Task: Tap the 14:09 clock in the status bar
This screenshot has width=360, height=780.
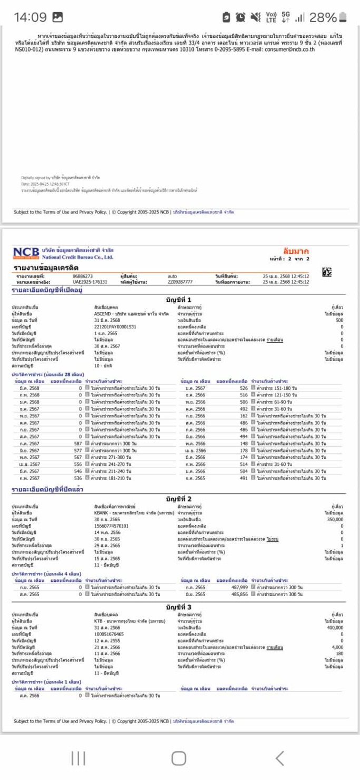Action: click(x=30, y=17)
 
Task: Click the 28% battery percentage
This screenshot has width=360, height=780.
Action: click(x=323, y=17)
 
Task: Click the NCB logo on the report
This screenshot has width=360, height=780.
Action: click(x=26, y=253)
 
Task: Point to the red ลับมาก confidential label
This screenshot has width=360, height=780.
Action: click(x=296, y=251)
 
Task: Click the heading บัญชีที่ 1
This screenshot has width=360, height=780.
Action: click(x=178, y=299)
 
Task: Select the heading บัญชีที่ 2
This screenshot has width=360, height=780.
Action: click(x=178, y=499)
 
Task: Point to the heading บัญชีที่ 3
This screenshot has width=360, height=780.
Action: click(x=178, y=607)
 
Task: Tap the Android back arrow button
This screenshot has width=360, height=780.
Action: click(x=279, y=758)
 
